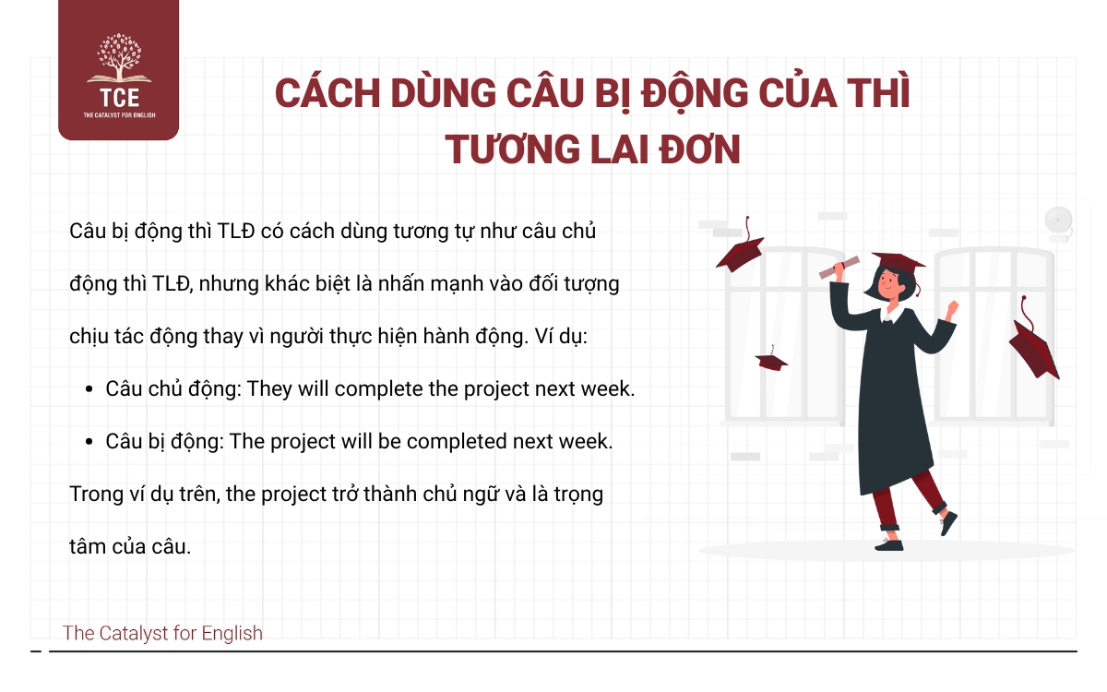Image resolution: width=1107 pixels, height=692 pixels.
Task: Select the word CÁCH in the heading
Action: tap(325, 96)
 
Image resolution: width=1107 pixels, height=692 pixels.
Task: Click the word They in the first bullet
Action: tap(270, 388)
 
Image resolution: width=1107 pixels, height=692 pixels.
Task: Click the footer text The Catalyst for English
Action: tap(162, 633)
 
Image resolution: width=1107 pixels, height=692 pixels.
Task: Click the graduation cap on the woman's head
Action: tap(897, 263)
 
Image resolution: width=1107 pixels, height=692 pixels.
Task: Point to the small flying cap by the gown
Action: tap(771, 359)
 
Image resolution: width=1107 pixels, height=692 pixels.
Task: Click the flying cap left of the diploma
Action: tap(740, 250)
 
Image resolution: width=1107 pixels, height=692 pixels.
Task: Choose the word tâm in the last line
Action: tap(86, 546)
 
